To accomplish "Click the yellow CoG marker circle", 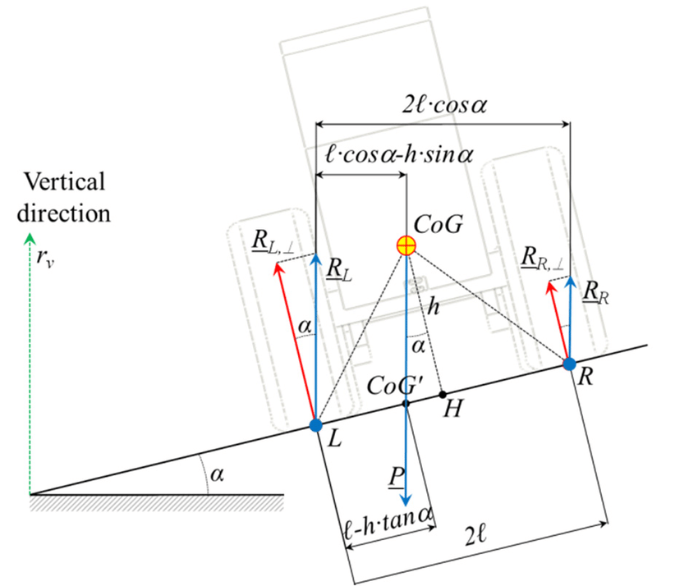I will pyautogui.click(x=405, y=244).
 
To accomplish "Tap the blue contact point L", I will pyautogui.click(x=316, y=425).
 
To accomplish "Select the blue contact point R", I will pyautogui.click(x=569, y=362).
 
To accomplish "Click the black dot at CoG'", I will pyautogui.click(x=406, y=403).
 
